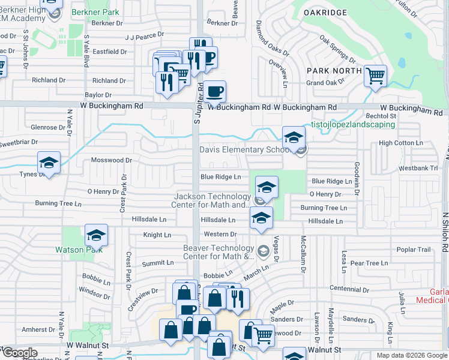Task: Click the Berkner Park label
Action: (95, 12)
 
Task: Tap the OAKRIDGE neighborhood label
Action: (325, 12)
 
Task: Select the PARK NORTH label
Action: (334, 71)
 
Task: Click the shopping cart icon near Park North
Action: (375, 76)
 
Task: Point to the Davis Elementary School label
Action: (241, 149)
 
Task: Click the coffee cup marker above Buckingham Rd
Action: (215, 92)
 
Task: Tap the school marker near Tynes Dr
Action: (49, 163)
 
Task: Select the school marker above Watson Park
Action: (96, 236)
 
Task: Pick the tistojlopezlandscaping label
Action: (352, 124)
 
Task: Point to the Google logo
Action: (20, 353)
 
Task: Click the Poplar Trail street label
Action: (414, 250)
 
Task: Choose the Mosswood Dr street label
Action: (111, 160)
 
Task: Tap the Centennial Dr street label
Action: (352, 288)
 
